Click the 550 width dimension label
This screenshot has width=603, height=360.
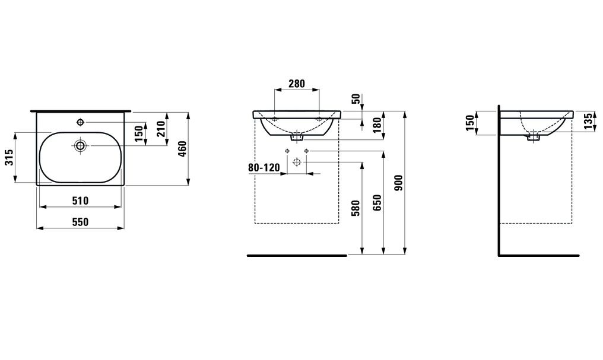80,222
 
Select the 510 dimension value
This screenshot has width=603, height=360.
80,200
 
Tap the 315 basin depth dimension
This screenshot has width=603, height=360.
9,157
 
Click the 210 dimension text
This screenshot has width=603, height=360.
161,129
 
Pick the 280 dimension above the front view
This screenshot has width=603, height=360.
297,84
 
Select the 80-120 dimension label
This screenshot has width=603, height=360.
264,168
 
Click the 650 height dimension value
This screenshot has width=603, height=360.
377,202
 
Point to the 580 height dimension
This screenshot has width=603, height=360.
356,208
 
